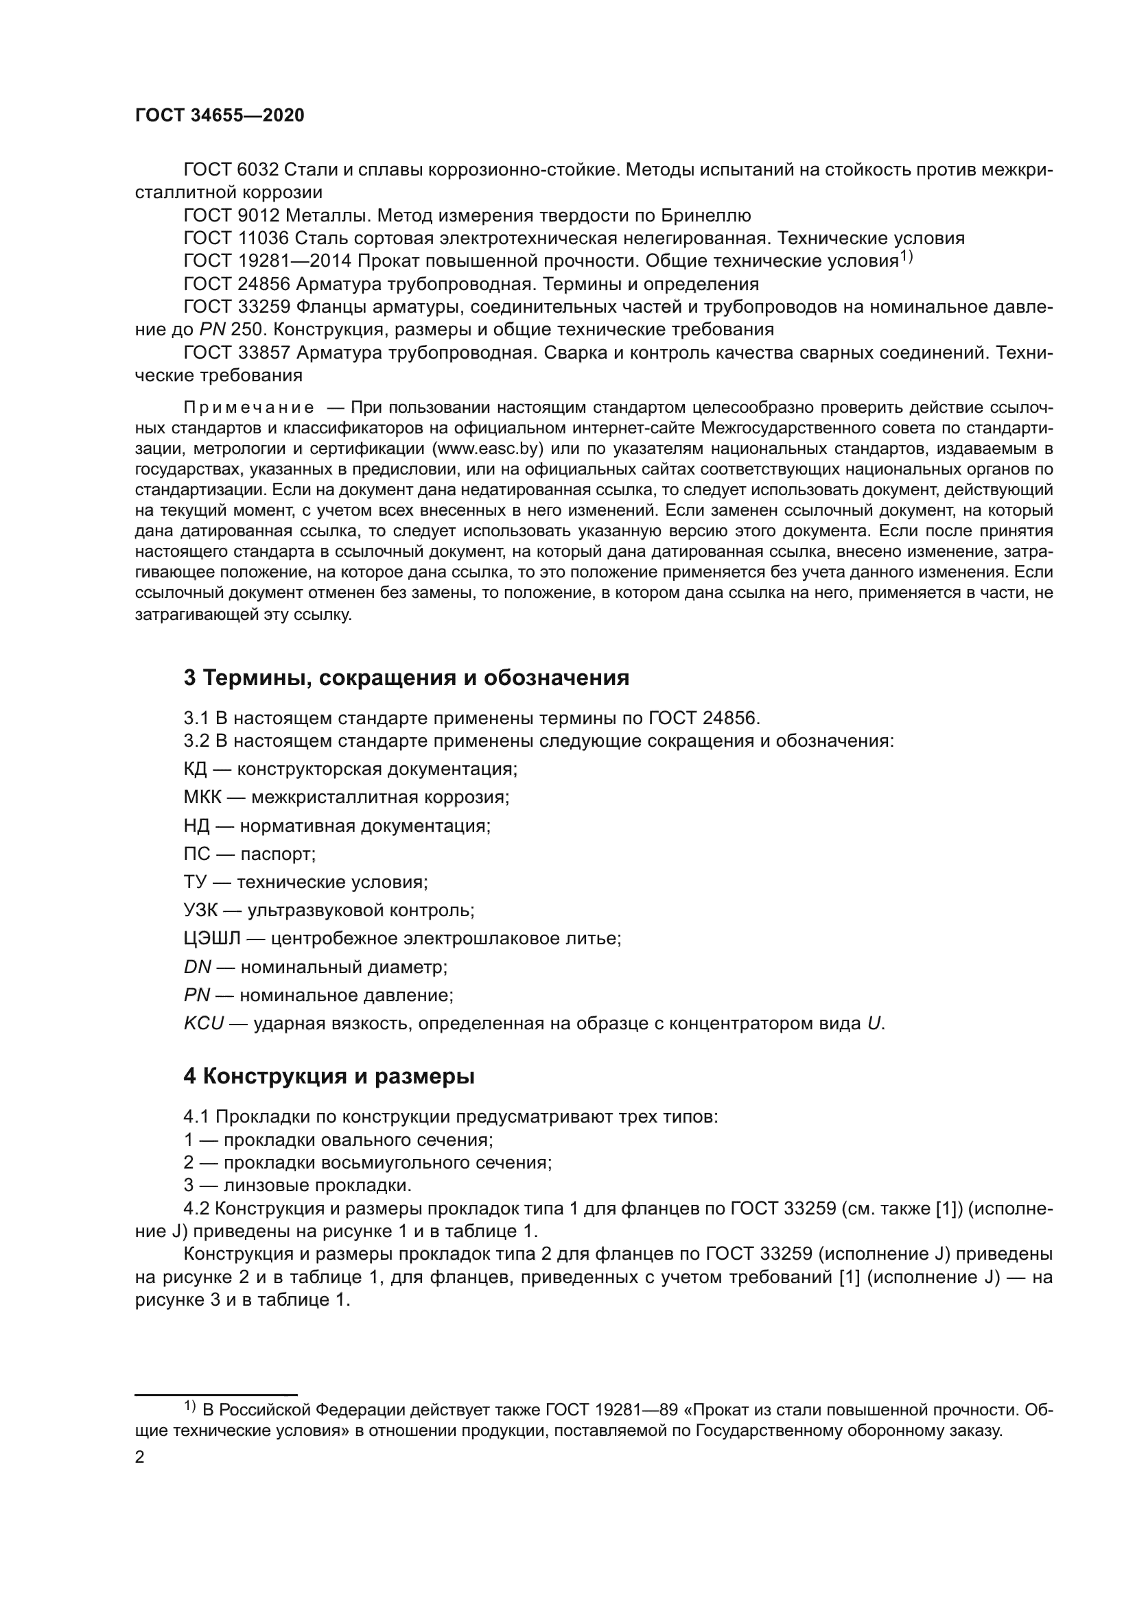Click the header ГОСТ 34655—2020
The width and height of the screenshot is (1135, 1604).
pos(220,116)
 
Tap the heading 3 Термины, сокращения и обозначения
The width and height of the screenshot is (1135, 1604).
pos(406,678)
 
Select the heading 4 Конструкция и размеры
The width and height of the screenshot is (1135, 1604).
pos(329,1077)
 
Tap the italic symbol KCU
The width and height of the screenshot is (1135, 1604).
pos(203,1023)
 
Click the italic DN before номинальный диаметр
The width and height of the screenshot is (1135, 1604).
pos(197,967)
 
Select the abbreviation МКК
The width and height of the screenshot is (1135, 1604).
pos(202,797)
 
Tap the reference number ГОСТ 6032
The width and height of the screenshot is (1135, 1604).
pos(231,170)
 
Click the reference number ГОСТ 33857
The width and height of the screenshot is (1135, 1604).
pos(237,352)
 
